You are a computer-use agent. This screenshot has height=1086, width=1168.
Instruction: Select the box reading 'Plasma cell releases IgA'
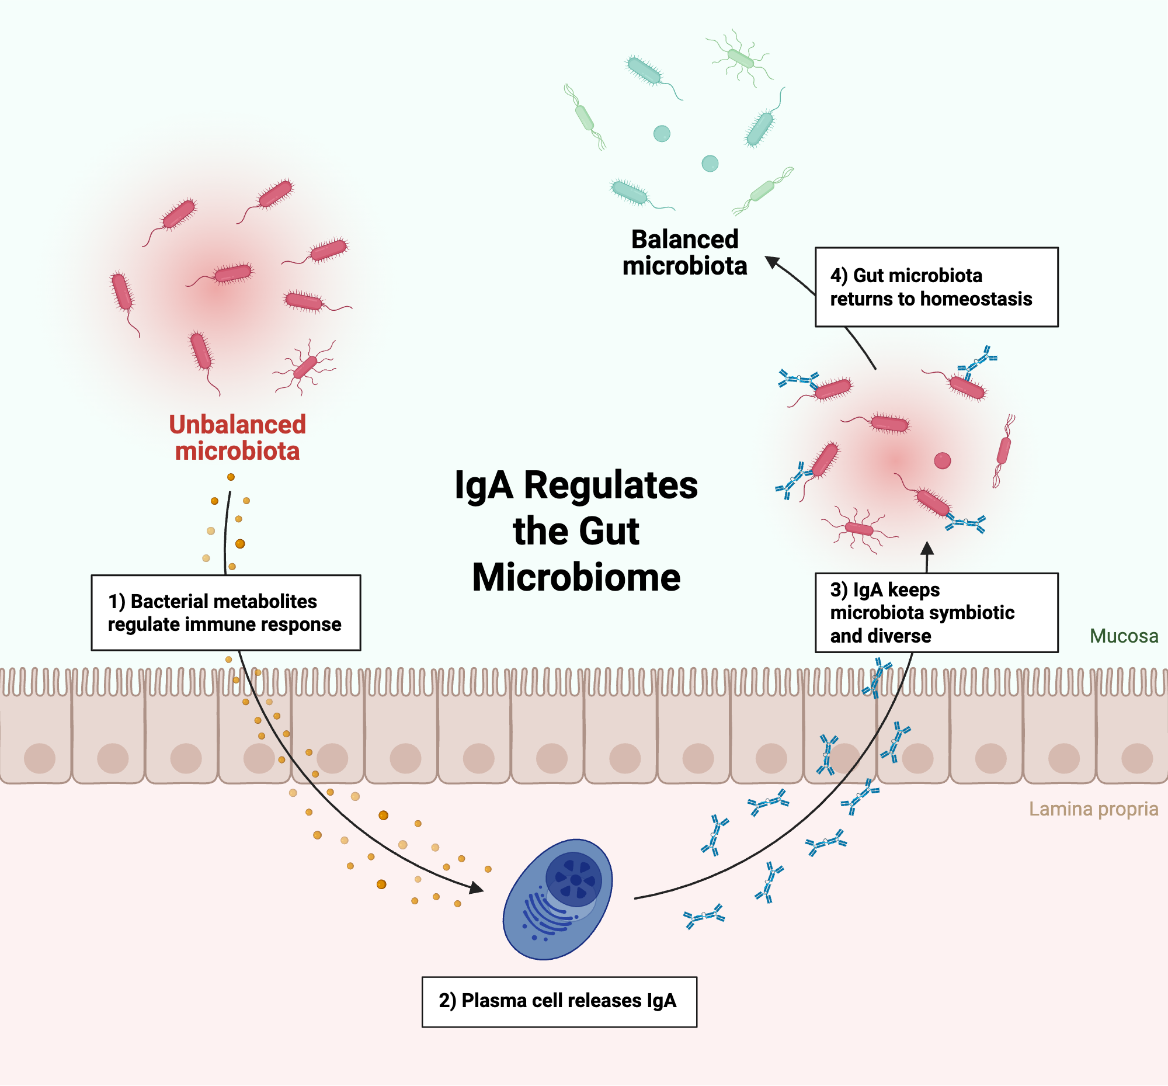click(x=559, y=1001)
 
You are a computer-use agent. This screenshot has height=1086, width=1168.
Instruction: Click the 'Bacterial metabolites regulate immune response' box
click(x=225, y=612)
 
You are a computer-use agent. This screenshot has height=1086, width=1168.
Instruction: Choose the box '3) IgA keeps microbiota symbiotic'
click(x=936, y=612)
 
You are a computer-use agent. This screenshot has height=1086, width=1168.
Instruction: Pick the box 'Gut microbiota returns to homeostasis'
click(x=936, y=287)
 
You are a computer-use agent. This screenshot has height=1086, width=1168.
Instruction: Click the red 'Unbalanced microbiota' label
click(x=237, y=438)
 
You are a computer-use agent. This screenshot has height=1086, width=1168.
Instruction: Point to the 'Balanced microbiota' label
click(x=684, y=253)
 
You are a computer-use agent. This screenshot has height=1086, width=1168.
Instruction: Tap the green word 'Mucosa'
click(x=1124, y=636)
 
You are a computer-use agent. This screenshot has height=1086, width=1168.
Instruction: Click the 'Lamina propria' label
click(x=1093, y=809)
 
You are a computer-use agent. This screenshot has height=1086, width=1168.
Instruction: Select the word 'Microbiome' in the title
click(x=576, y=578)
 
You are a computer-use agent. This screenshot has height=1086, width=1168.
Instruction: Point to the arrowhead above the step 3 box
click(x=927, y=549)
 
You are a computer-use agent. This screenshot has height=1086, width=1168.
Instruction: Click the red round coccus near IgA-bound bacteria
click(x=943, y=461)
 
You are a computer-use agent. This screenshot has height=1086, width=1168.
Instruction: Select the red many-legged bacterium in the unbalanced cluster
click(x=304, y=367)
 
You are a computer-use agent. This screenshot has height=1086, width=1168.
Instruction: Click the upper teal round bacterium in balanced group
click(x=662, y=133)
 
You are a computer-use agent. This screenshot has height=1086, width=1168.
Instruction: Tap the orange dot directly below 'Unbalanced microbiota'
click(x=231, y=477)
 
